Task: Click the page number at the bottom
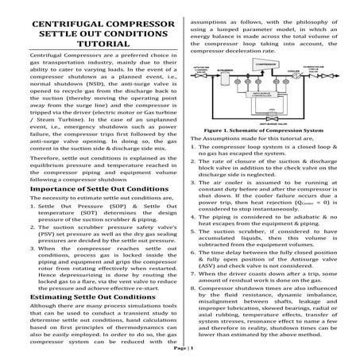[180, 349]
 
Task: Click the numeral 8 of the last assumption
[194, 285]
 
